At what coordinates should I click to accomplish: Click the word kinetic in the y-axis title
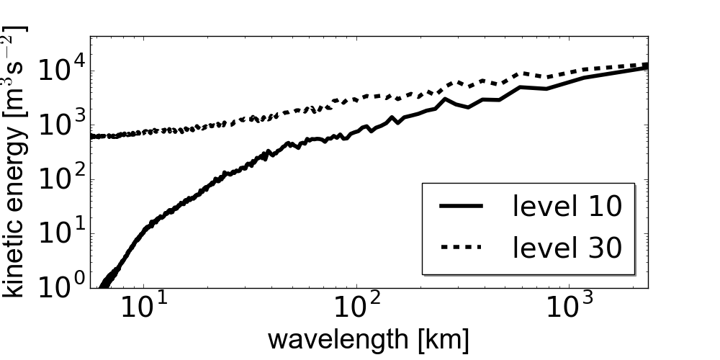[x=16, y=258]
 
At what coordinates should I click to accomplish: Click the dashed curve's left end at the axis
[x=91, y=136]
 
